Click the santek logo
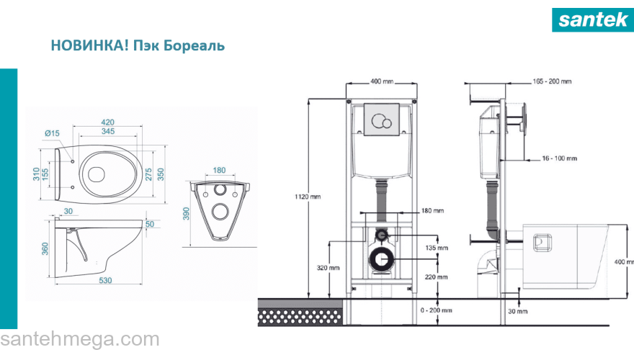coord(593,19)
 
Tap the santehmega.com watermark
coord(80,339)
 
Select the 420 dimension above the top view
coord(107,122)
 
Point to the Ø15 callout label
coord(52,133)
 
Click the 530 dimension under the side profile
coord(105,280)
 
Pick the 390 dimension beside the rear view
coord(186,214)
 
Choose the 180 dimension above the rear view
coord(219,170)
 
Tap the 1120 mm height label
coord(308,197)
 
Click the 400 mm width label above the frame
coord(382,81)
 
